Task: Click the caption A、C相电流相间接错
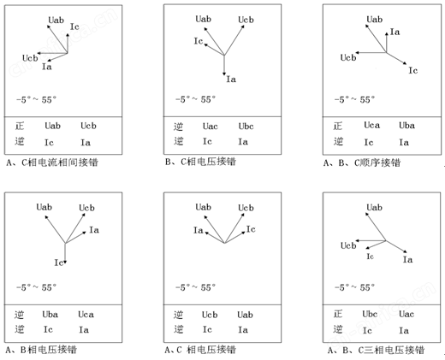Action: (52, 162)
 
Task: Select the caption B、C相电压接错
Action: (200, 162)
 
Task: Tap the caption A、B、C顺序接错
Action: (362, 162)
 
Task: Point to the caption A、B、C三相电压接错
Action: (376, 350)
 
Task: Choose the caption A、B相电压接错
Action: (41, 350)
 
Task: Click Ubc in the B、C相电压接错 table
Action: (246, 127)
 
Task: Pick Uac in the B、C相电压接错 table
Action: (211, 127)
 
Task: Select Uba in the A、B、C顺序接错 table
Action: (406, 126)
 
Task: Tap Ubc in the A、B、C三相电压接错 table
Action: (370, 314)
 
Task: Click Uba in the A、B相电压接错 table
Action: (50, 315)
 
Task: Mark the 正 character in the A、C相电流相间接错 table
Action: (20, 126)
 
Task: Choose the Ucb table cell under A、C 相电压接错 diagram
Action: (210, 315)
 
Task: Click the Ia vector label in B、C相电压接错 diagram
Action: (231, 79)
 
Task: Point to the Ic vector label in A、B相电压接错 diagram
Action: (59, 263)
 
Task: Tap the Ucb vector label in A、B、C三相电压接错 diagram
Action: (348, 245)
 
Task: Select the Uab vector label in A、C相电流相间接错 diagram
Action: (56, 20)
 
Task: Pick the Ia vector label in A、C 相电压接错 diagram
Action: (199, 230)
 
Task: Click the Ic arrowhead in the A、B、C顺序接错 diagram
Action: (405, 63)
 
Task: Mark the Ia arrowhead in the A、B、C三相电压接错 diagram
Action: (405, 251)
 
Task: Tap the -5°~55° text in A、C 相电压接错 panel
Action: (196, 287)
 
